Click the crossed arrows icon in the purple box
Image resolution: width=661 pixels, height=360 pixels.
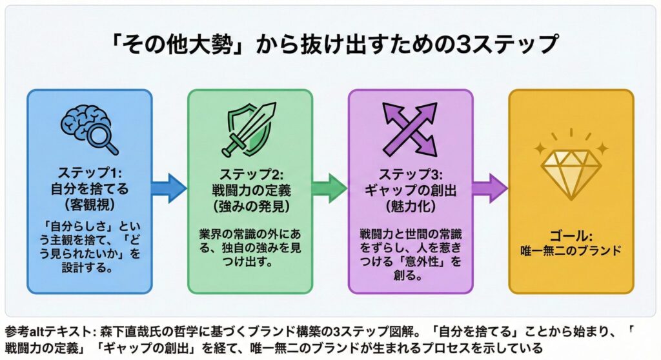[410, 126]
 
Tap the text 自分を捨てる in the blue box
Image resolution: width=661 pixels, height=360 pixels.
[90, 190]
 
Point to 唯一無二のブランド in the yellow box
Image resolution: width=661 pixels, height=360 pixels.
[571, 250]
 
